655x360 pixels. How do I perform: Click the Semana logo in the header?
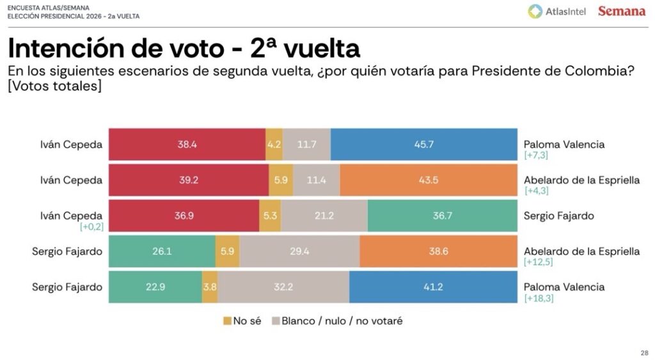pyautogui.click(x=621, y=12)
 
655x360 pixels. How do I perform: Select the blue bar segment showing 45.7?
pyautogui.click(x=423, y=145)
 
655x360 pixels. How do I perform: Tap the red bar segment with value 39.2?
pyautogui.click(x=189, y=180)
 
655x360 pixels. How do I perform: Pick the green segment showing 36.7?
pyautogui.click(x=442, y=216)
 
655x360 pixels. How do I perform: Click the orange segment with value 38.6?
pyautogui.click(x=438, y=252)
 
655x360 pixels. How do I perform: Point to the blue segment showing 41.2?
pyautogui.click(x=433, y=287)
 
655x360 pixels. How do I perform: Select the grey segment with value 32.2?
pyautogui.click(x=283, y=287)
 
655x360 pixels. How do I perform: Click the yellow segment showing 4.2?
pyautogui.click(x=274, y=145)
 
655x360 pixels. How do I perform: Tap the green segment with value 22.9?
pyautogui.click(x=155, y=287)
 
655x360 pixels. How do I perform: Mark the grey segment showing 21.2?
pyautogui.click(x=324, y=216)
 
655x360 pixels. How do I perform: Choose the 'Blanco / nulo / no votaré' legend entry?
pyautogui.click(x=337, y=321)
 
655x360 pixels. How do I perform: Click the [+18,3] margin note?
pyautogui.click(x=539, y=299)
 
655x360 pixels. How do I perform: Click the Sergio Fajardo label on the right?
pyautogui.click(x=558, y=215)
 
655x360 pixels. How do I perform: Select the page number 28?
pyautogui.click(x=643, y=352)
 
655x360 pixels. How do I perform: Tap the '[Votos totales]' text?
pyautogui.click(x=54, y=86)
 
